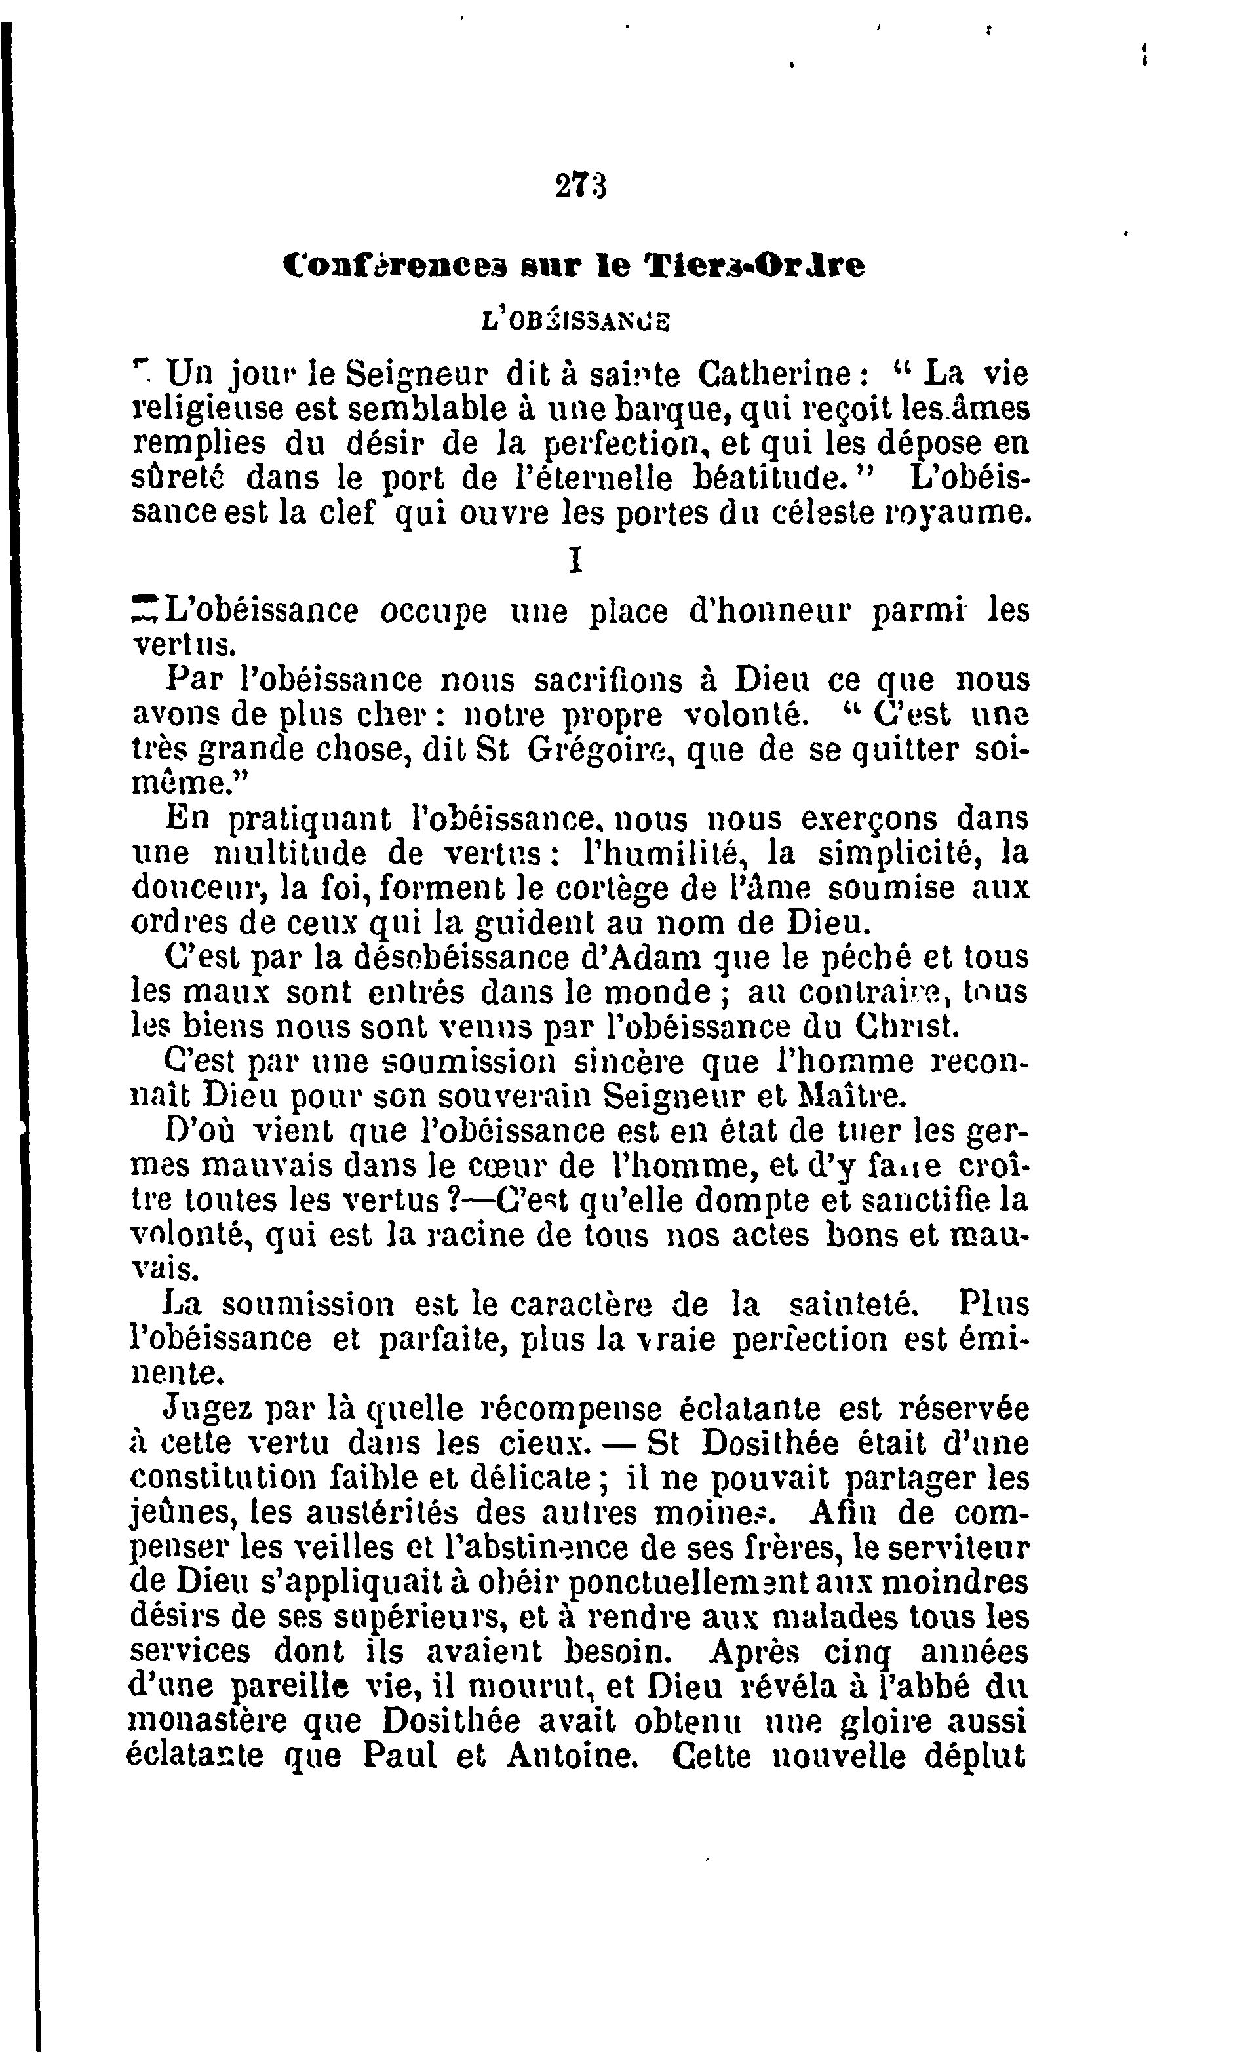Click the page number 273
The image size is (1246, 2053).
tap(580, 185)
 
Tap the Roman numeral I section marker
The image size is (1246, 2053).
tap(574, 562)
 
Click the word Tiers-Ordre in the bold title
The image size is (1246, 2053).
tap(755, 266)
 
